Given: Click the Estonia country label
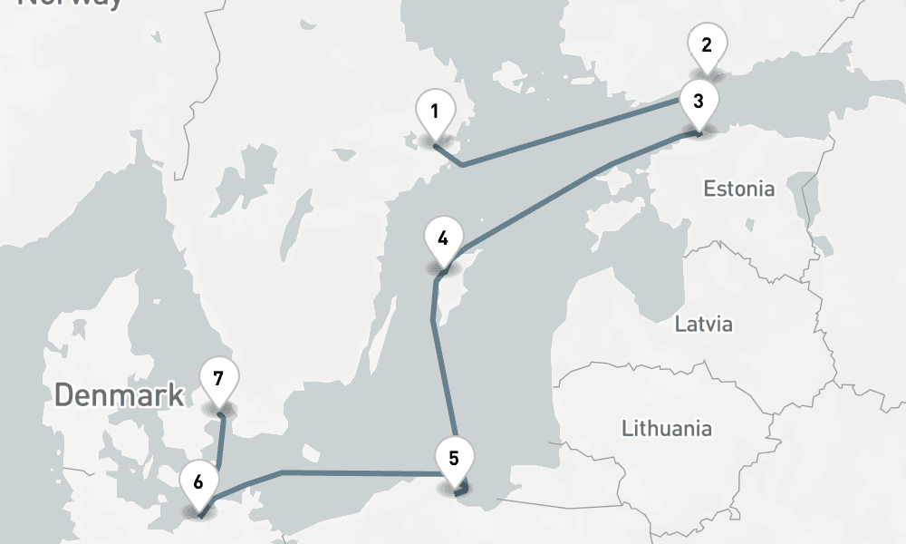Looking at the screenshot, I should (739, 189).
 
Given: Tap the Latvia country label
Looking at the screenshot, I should (703, 324).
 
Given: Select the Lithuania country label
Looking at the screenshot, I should (667, 428).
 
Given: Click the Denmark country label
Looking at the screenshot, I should (119, 395).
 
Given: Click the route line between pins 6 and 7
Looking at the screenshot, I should (221, 444).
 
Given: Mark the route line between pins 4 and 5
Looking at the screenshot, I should (444, 381).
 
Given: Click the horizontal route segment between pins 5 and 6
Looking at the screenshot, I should (362, 472).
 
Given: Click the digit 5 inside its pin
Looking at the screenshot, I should (453, 457).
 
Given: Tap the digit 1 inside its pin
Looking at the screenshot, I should (435, 112).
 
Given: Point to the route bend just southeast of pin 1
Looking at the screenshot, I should (463, 165).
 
